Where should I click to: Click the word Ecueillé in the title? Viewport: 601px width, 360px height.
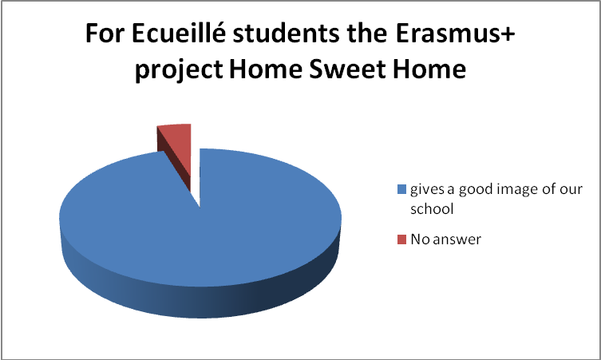click(x=179, y=34)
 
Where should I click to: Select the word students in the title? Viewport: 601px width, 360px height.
click(x=286, y=34)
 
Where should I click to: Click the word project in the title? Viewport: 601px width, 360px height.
click(x=179, y=70)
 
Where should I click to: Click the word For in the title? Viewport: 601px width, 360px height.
click(x=105, y=34)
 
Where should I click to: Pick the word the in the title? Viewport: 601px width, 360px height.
click(x=367, y=34)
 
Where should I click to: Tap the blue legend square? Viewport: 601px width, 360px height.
click(x=401, y=189)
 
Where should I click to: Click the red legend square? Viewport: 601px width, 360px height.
click(x=401, y=239)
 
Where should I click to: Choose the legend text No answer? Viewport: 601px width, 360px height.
click(x=445, y=239)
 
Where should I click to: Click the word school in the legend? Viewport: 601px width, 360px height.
click(x=432, y=209)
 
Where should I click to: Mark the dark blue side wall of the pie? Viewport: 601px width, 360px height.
click(x=200, y=295)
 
